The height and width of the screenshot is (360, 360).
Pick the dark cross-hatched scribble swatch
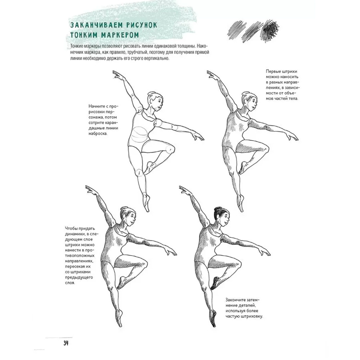270,31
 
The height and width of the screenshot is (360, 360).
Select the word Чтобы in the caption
72,229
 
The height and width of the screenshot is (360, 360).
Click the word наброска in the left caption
98,134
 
